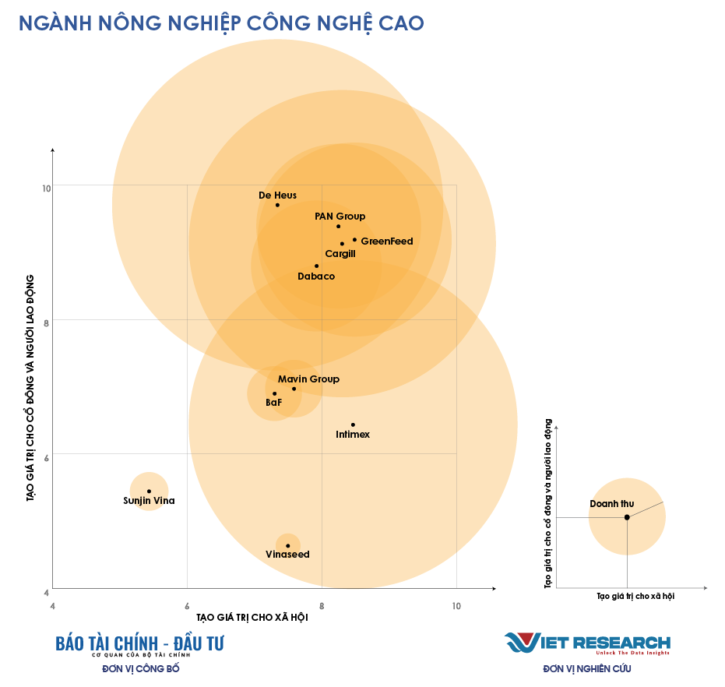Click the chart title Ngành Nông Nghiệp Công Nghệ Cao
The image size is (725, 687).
click(221, 23)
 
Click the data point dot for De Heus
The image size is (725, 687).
click(277, 205)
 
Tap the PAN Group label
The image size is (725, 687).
click(340, 217)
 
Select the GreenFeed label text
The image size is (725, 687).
click(387, 241)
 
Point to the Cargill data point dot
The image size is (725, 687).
click(342, 244)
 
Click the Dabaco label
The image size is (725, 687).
click(316, 277)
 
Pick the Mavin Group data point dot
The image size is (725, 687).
click(294, 389)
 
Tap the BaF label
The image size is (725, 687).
click(273, 403)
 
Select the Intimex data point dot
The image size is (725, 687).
click(353, 425)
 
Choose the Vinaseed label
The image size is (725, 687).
click(287, 555)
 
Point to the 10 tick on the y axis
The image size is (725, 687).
click(47, 188)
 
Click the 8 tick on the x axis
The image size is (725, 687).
click(322, 605)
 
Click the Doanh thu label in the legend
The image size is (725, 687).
click(611, 504)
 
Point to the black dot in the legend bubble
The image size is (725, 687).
click(627, 517)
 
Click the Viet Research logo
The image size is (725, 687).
click(587, 643)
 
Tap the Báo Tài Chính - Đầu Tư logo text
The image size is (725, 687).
click(139, 643)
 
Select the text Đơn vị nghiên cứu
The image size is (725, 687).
click(587, 668)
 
